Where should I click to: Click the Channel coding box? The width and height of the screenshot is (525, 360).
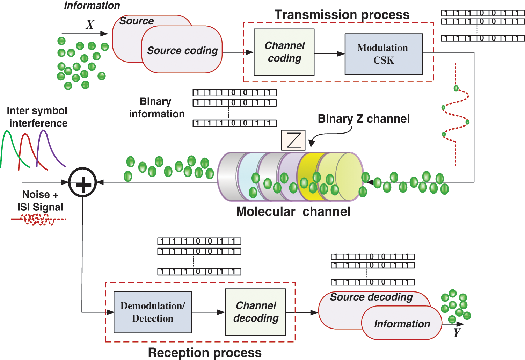[x=284, y=52]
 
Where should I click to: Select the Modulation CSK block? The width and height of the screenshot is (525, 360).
[x=384, y=54]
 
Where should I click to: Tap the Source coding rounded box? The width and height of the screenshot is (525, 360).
[x=182, y=51]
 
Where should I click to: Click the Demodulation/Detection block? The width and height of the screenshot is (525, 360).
[x=153, y=312]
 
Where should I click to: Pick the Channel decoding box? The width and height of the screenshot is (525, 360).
[x=255, y=312]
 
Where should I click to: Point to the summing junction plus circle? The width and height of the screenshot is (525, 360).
[x=82, y=182]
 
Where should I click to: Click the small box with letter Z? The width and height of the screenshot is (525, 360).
[x=293, y=140]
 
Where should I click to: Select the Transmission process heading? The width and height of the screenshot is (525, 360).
[x=342, y=15]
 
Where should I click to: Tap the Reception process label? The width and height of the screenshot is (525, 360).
[x=205, y=353]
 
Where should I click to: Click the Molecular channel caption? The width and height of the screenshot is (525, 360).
[x=293, y=211]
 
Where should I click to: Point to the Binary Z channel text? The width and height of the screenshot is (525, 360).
[x=363, y=119]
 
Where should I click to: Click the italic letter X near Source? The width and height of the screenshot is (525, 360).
[x=90, y=24]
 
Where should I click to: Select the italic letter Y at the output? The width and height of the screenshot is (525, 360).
[x=457, y=333]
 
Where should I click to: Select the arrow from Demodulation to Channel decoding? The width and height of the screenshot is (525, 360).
[x=208, y=312]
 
